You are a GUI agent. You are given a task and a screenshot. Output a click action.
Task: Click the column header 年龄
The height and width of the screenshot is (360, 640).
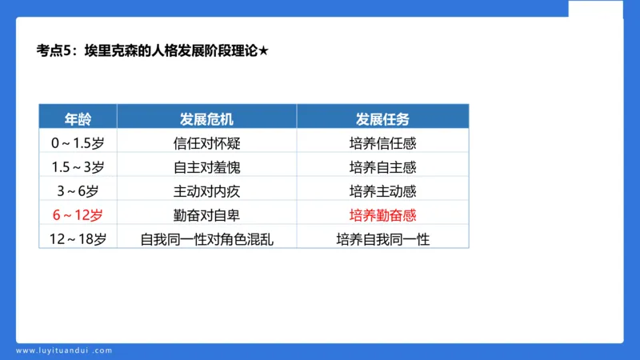(78, 119)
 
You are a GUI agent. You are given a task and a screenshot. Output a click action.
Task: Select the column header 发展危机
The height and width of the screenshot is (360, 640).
(206, 119)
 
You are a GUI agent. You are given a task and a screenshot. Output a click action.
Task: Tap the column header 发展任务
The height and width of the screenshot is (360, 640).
(382, 119)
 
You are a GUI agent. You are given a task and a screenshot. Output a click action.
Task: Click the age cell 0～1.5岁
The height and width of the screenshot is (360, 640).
(78, 144)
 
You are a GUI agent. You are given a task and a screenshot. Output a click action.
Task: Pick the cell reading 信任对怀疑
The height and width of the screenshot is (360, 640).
(206, 144)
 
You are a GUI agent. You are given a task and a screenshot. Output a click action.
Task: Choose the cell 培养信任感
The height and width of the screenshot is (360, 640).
(382, 144)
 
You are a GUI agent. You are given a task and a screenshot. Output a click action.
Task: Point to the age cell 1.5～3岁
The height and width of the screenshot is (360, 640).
(78, 168)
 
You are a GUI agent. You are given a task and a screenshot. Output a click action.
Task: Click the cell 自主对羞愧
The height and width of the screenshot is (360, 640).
(206, 168)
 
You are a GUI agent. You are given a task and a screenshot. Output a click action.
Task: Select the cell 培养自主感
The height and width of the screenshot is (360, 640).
(382, 168)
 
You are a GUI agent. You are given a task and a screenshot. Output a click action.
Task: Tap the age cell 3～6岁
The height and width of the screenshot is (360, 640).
(78, 191)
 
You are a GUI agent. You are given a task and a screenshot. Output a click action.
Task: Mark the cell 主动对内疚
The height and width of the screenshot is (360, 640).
(206, 191)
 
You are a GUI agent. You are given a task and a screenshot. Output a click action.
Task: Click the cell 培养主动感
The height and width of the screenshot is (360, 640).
(382, 191)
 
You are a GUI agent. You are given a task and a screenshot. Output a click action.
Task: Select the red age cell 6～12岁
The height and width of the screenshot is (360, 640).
(78, 215)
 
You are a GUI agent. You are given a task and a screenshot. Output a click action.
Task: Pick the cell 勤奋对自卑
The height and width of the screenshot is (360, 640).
(206, 215)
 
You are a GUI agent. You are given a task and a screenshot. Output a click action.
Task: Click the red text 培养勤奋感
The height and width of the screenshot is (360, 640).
(382, 215)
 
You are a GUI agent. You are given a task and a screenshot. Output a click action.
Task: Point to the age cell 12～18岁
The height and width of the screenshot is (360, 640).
(78, 238)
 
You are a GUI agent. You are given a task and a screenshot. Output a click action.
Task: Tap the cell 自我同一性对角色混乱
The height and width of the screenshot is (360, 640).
(206, 238)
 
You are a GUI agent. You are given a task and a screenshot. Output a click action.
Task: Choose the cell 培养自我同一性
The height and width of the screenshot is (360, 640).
(382, 238)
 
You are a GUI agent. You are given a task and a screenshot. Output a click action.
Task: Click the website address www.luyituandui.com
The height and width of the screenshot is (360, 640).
(65, 350)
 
